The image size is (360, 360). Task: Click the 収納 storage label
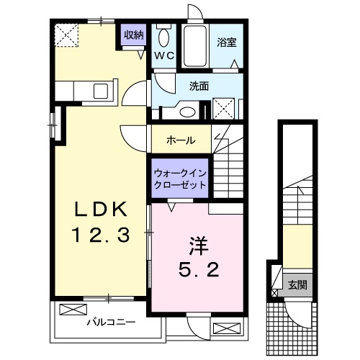pyautogui.click(x=133, y=34)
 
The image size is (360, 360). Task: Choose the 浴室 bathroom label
pyautogui.click(x=227, y=42)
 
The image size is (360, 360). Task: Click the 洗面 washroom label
pyautogui.click(x=199, y=86)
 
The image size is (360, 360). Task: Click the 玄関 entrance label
pyautogui.click(x=297, y=284)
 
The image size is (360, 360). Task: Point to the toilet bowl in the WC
pyautogui.click(x=163, y=38)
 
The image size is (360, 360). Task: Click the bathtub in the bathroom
pyautogui.click(x=193, y=46)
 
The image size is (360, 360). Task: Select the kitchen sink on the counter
pyautogui.click(x=101, y=92)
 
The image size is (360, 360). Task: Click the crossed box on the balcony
pyautogui.click(x=72, y=310)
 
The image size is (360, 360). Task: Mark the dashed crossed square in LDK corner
pyautogui.click(x=68, y=34)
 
